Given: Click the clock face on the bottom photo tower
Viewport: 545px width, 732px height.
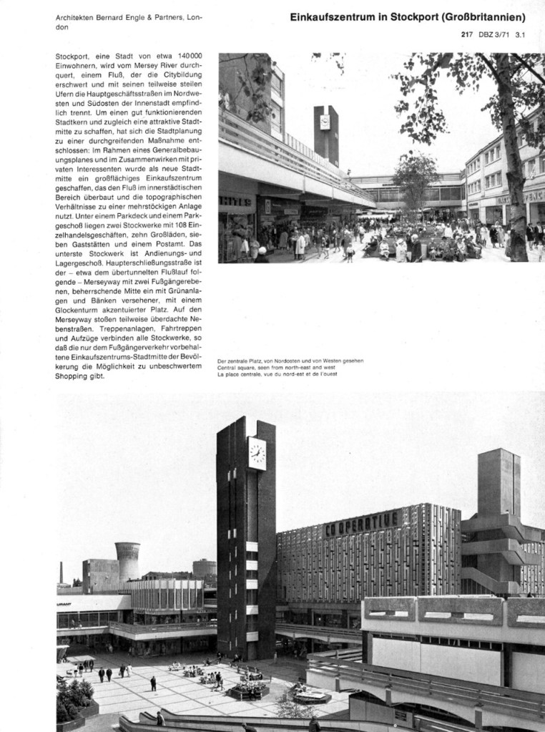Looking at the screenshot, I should tap(257, 453).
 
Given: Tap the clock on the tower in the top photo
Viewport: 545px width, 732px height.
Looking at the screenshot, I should tap(325, 122).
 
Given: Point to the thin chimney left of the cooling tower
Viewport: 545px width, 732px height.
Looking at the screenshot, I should tap(62, 572).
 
